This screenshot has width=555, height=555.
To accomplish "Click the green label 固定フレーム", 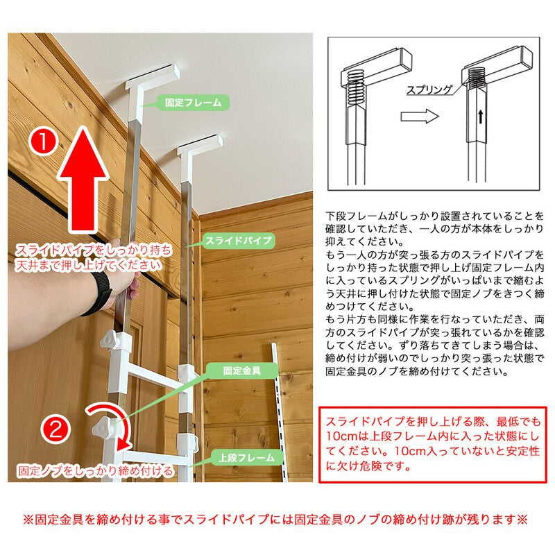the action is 193,103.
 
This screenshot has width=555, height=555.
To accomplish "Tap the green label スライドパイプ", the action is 239,241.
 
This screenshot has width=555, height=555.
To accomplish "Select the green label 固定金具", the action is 242,370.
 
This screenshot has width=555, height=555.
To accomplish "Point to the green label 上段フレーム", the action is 247,458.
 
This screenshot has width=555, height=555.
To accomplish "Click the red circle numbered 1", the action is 43,142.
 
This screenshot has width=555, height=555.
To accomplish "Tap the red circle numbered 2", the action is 55,430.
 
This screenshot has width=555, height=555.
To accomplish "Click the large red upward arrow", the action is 83,179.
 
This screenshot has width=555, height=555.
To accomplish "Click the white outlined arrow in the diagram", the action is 420,116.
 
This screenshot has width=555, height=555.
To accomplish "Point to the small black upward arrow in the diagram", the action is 480,117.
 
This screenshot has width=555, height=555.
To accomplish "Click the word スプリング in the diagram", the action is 429,89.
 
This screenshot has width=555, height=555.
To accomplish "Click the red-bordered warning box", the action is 432,444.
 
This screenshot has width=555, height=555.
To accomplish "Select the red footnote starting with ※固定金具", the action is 275,519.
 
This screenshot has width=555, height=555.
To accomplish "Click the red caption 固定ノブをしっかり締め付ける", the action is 96,470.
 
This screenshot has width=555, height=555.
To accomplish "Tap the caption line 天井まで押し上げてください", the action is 88,265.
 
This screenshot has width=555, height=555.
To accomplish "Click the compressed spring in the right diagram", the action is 476,78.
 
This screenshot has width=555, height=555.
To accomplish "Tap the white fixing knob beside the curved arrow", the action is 103,427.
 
